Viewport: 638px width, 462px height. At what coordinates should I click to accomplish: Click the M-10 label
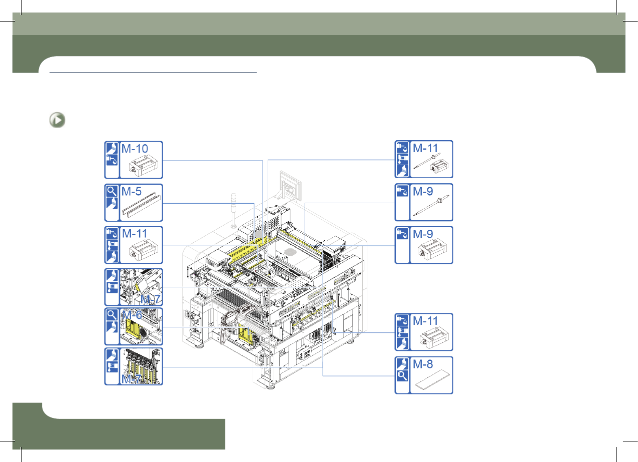(x=135, y=149)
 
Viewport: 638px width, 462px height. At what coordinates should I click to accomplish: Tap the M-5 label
(x=131, y=191)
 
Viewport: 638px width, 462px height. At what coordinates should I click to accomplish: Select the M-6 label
(x=132, y=315)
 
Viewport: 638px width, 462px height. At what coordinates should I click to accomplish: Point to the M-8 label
(x=423, y=364)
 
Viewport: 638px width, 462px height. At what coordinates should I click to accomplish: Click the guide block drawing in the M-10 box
(x=143, y=167)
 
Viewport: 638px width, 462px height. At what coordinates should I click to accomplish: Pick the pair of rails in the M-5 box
(x=142, y=205)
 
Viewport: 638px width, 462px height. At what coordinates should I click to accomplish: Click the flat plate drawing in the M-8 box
(x=432, y=379)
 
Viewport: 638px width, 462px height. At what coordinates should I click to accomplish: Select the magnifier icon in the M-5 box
(x=112, y=191)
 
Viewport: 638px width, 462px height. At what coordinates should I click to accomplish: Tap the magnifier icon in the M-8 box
(x=402, y=376)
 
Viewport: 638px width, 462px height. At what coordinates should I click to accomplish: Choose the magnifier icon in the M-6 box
(x=112, y=315)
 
